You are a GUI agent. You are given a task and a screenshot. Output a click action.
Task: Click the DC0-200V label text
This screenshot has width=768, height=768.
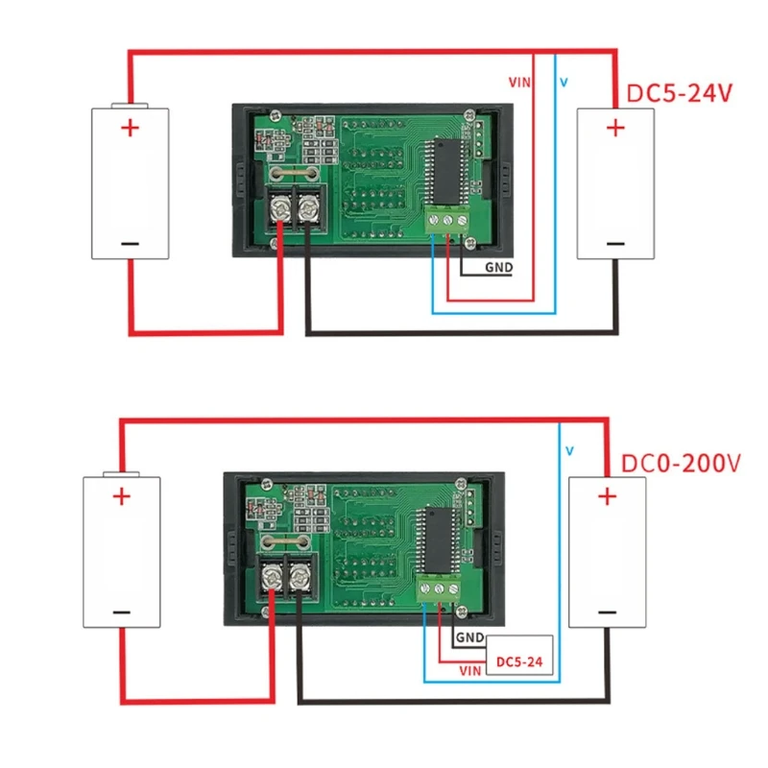(681, 463)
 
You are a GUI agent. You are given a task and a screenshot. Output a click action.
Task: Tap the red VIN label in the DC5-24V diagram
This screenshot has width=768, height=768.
(518, 84)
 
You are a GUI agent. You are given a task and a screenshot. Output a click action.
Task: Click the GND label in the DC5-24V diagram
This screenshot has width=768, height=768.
(498, 268)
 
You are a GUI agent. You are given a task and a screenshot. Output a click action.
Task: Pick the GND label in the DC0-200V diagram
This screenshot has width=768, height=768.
(469, 637)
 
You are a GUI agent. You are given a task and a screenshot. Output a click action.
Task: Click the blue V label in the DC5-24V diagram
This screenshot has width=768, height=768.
(564, 84)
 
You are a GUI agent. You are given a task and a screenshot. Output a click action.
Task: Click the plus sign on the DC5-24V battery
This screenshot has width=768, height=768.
(615, 128)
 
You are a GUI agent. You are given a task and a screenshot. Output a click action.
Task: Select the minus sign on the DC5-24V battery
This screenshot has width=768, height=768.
(615, 242)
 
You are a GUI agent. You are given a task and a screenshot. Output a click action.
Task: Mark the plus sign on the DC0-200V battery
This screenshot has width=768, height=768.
(606, 496)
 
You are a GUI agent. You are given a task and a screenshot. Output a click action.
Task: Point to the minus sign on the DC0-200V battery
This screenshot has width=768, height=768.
(606, 612)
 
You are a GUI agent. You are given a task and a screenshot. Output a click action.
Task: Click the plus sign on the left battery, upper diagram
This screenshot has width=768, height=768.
(130, 128)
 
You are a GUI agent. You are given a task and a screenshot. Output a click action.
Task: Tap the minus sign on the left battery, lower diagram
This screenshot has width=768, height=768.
(121, 612)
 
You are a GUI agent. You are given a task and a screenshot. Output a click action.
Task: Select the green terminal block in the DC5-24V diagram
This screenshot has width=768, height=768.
(448, 220)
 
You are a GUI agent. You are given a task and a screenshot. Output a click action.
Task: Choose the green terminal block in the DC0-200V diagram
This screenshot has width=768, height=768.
(441, 588)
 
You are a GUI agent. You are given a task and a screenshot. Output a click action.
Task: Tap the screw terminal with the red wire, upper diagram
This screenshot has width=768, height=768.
(282, 205)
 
